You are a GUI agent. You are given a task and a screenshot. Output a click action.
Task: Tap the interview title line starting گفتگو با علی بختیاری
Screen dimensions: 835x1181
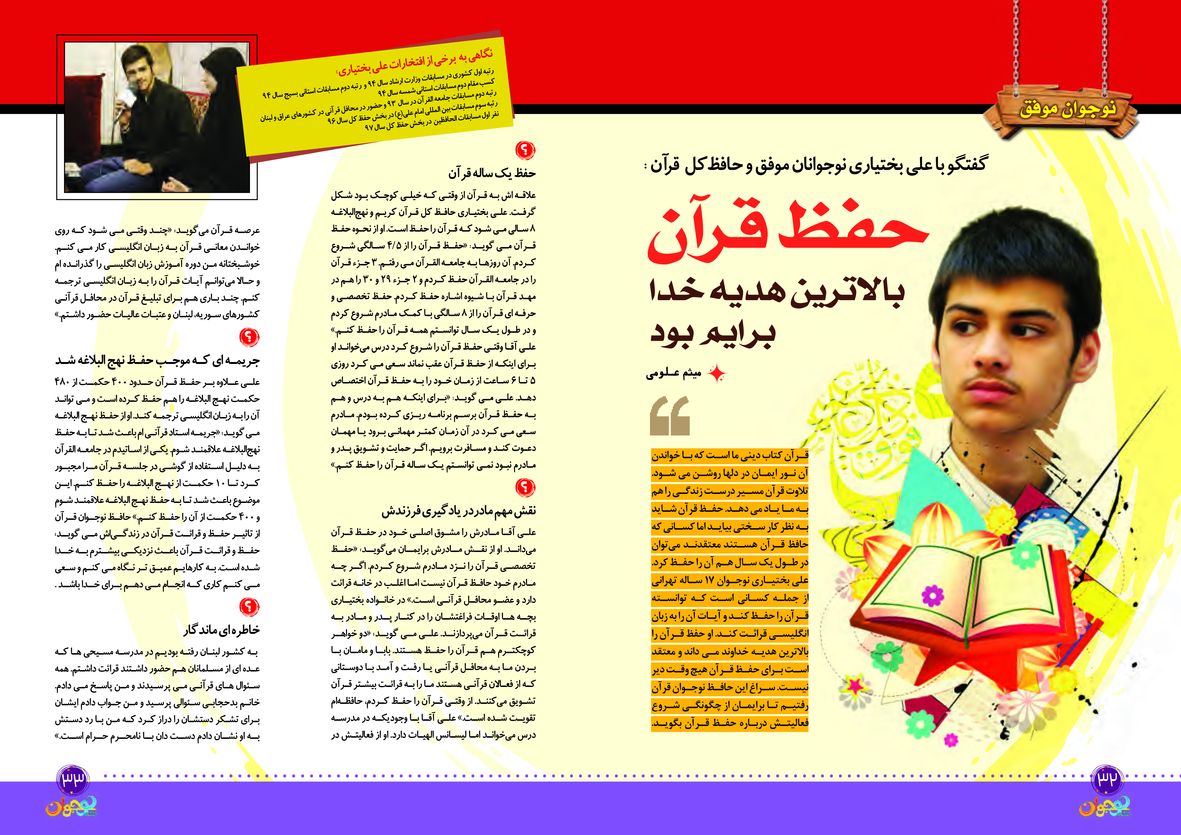click(818, 164)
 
